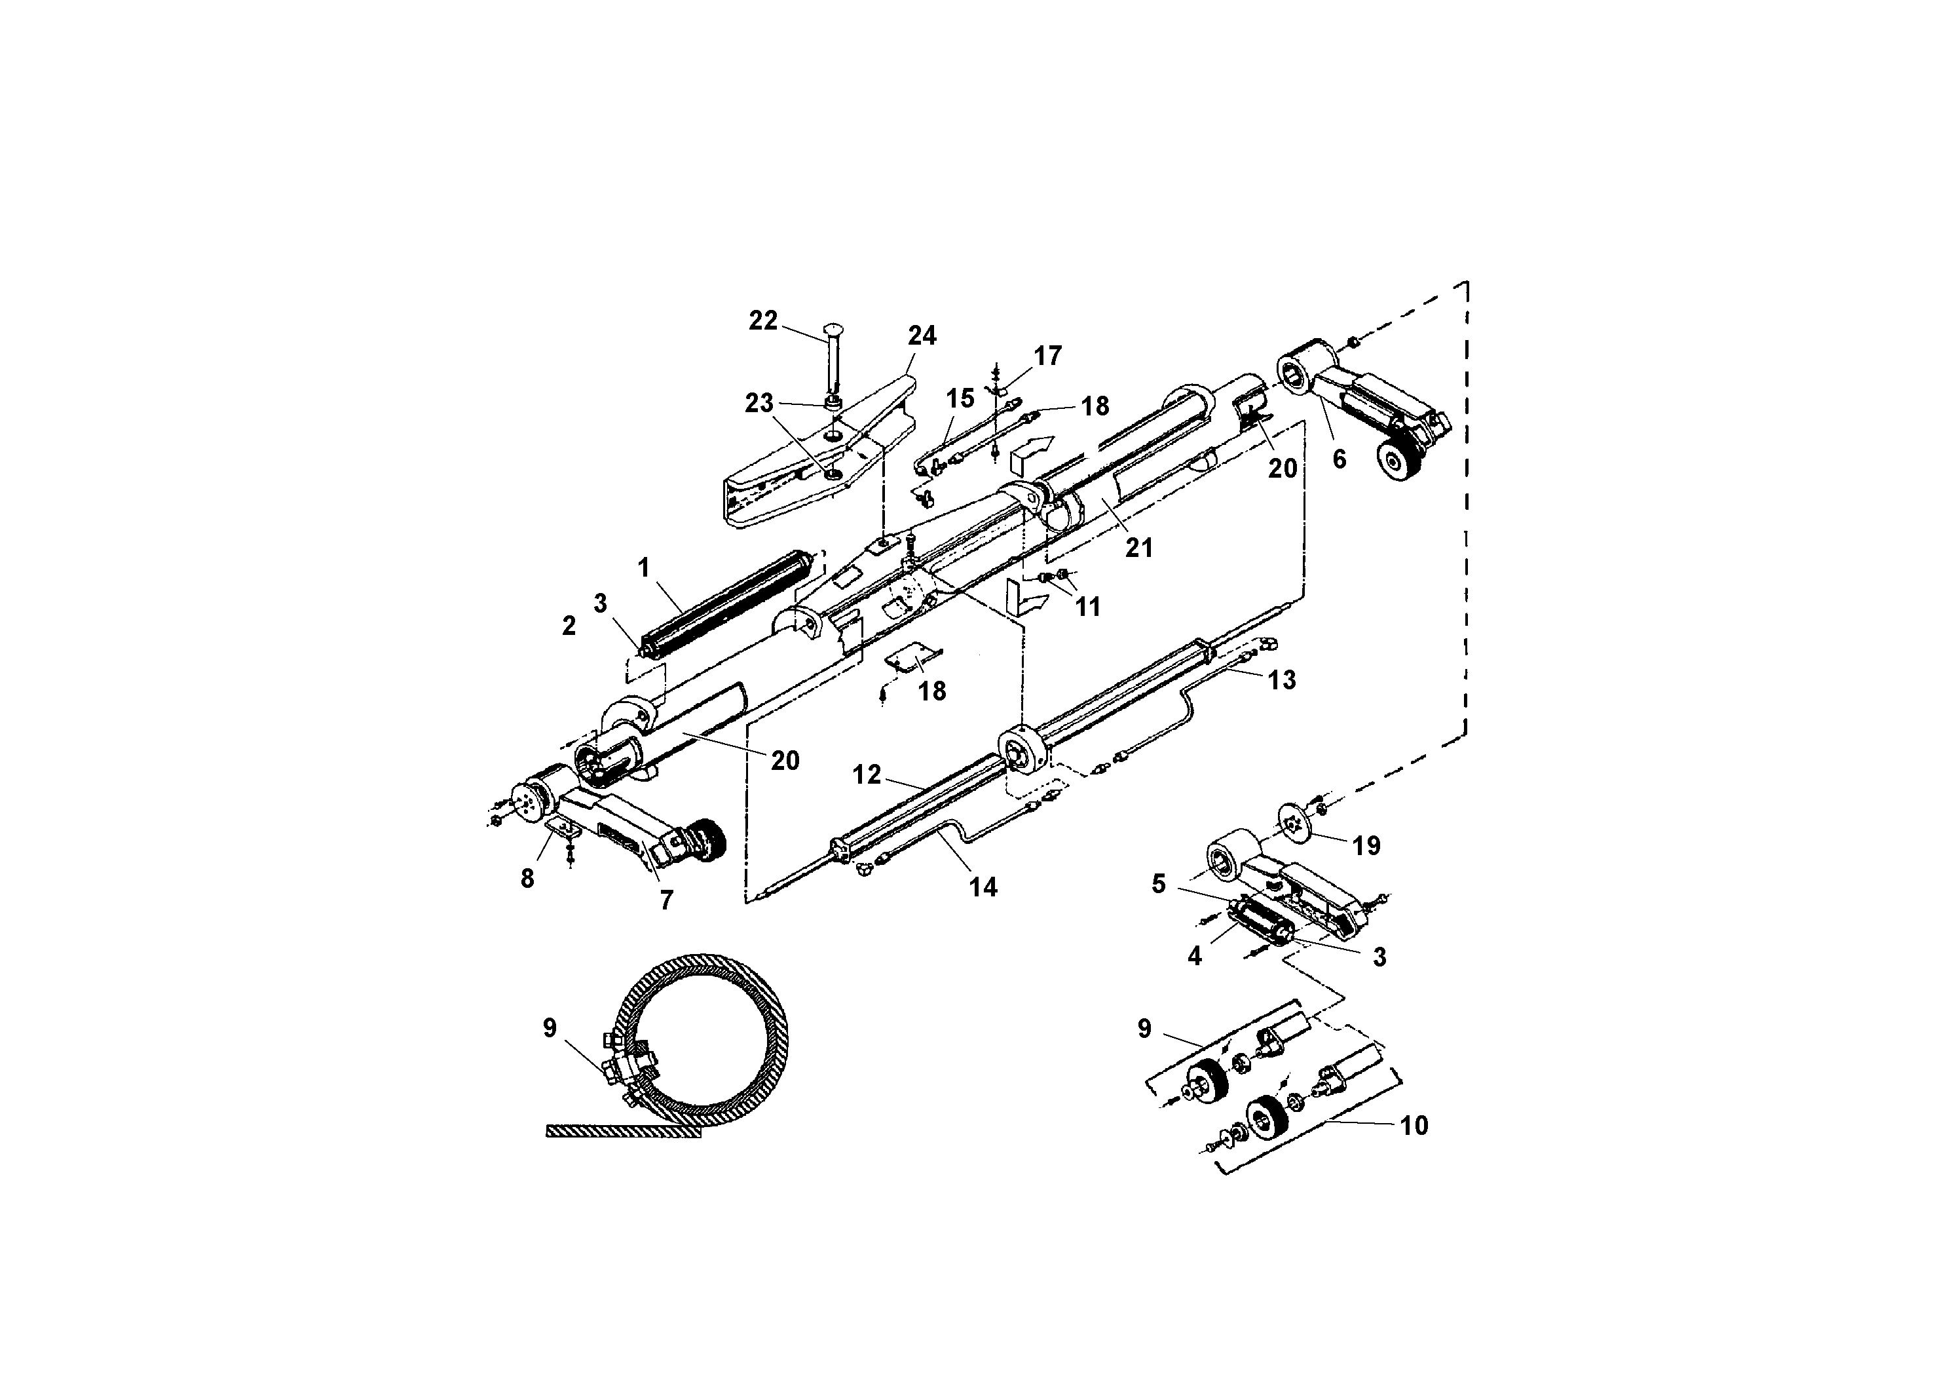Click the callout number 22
coord(762,321)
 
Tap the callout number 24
coord(922,336)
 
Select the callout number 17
coord(1048,356)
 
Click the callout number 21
coord(1139,548)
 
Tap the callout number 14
coord(983,887)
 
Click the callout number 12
coord(867,775)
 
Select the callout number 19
coord(1366,845)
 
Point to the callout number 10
coord(1414,1126)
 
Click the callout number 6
coord(1340,459)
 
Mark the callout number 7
coord(666,900)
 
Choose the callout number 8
coord(527,879)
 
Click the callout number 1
coord(644,567)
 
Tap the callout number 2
coord(569,626)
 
